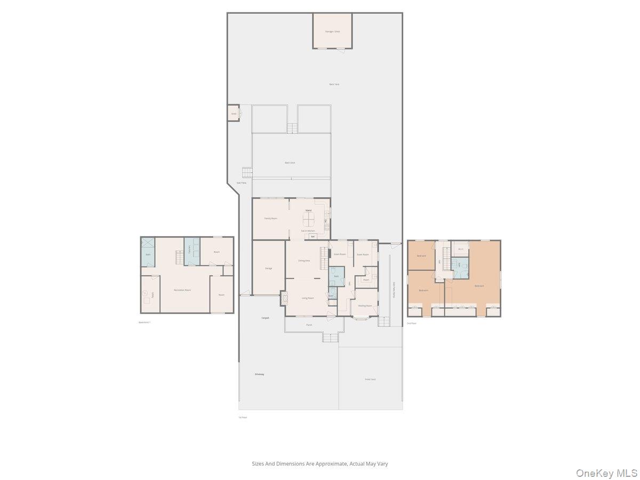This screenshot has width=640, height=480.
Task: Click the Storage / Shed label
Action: pyautogui.click(x=332, y=31)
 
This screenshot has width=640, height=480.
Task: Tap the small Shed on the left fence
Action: pyautogui.click(x=234, y=114)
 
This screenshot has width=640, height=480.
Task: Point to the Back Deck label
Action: pyautogui.click(x=290, y=163)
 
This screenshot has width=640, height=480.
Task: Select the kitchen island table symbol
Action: pyautogui.click(x=309, y=219)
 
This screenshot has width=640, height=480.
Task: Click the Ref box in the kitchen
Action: pyautogui.click(x=313, y=236)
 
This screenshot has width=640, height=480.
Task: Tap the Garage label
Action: pyautogui.click(x=268, y=268)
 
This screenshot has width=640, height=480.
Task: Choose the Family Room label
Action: pyautogui.click(x=270, y=218)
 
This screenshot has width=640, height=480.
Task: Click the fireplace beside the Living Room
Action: pyautogui.click(x=284, y=298)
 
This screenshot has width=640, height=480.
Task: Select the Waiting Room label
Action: pyautogui.click(x=365, y=306)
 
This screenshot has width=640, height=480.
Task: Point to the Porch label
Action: pyautogui.click(x=309, y=325)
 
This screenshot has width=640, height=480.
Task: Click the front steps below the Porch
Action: pyautogui.click(x=331, y=337)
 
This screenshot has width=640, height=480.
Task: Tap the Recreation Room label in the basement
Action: pyautogui.click(x=182, y=290)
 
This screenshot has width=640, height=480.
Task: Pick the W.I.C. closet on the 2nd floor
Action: pyautogui.click(x=461, y=249)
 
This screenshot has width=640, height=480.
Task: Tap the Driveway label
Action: pyautogui.click(x=259, y=374)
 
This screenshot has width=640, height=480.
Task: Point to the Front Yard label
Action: pyautogui.click(x=370, y=379)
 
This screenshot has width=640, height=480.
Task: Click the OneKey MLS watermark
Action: pyautogui.click(x=606, y=473)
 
